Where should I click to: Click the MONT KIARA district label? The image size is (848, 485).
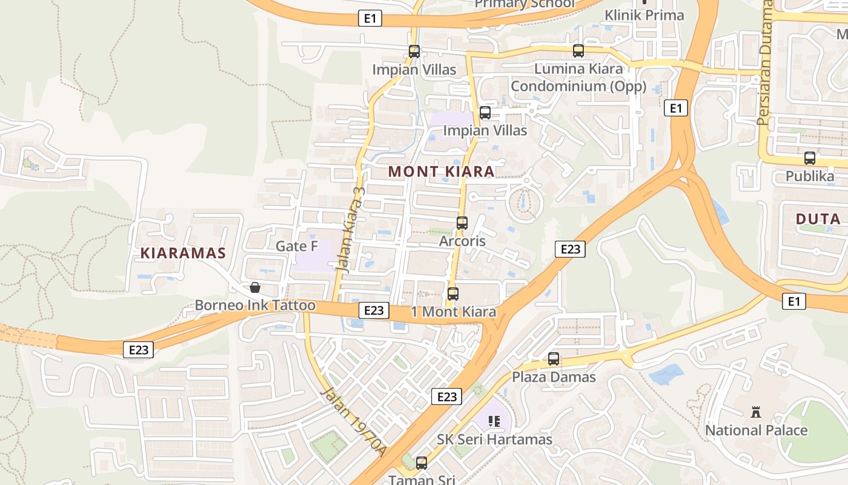441,172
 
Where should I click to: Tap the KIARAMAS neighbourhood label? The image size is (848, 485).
183,253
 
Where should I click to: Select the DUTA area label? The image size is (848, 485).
818,219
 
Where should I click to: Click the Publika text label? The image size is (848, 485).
809,176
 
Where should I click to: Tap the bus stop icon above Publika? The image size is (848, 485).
810,158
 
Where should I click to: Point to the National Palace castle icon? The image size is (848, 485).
755,412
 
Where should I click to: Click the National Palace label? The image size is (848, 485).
756,430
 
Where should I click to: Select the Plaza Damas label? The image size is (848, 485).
554,377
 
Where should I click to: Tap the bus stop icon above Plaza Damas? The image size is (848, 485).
554,359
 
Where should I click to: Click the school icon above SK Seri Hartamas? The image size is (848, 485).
494,421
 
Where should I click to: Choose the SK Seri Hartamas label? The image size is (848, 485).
494,440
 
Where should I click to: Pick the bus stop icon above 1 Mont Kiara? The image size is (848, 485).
452,294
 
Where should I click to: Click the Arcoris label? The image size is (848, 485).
462,241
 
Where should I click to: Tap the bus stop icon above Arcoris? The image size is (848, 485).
462,223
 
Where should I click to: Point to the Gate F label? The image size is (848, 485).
297,246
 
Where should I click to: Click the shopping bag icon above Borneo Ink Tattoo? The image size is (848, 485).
255,287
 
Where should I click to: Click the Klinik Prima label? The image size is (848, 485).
644,15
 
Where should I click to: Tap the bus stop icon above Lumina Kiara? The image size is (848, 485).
578,51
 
